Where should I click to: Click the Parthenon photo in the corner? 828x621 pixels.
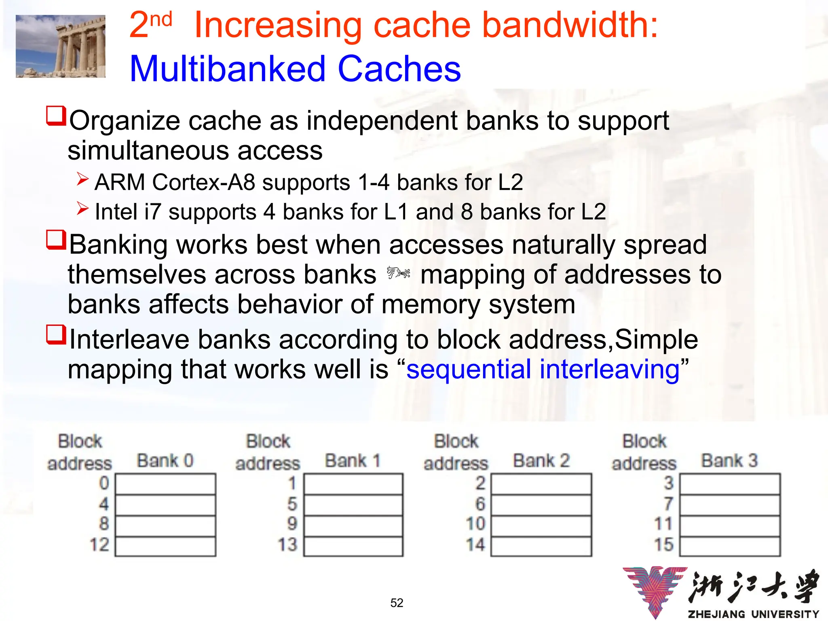pyautogui.click(x=60, y=46)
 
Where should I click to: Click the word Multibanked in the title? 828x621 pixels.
pyautogui.click(x=227, y=69)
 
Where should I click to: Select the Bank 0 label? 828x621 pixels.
pyautogui.click(x=165, y=460)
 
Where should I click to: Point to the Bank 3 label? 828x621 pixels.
pyautogui.click(x=729, y=460)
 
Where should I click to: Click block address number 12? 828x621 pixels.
pyautogui.click(x=99, y=545)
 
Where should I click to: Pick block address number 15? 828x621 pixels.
pyautogui.click(x=664, y=545)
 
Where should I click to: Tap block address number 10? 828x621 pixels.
pyautogui.click(x=475, y=524)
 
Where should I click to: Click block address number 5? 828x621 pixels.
pyautogui.click(x=292, y=504)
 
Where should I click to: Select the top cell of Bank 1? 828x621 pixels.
pyautogui.click(x=353, y=484)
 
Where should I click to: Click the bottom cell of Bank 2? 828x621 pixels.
pyautogui.click(x=541, y=547)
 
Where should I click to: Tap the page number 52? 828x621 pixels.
pyautogui.click(x=397, y=603)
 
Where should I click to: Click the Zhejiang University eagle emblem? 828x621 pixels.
pyautogui.click(x=655, y=590)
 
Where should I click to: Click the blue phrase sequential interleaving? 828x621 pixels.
pyautogui.click(x=543, y=369)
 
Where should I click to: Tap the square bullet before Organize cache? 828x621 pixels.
pyautogui.click(x=56, y=116)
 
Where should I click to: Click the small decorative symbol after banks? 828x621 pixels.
pyautogui.click(x=398, y=273)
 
